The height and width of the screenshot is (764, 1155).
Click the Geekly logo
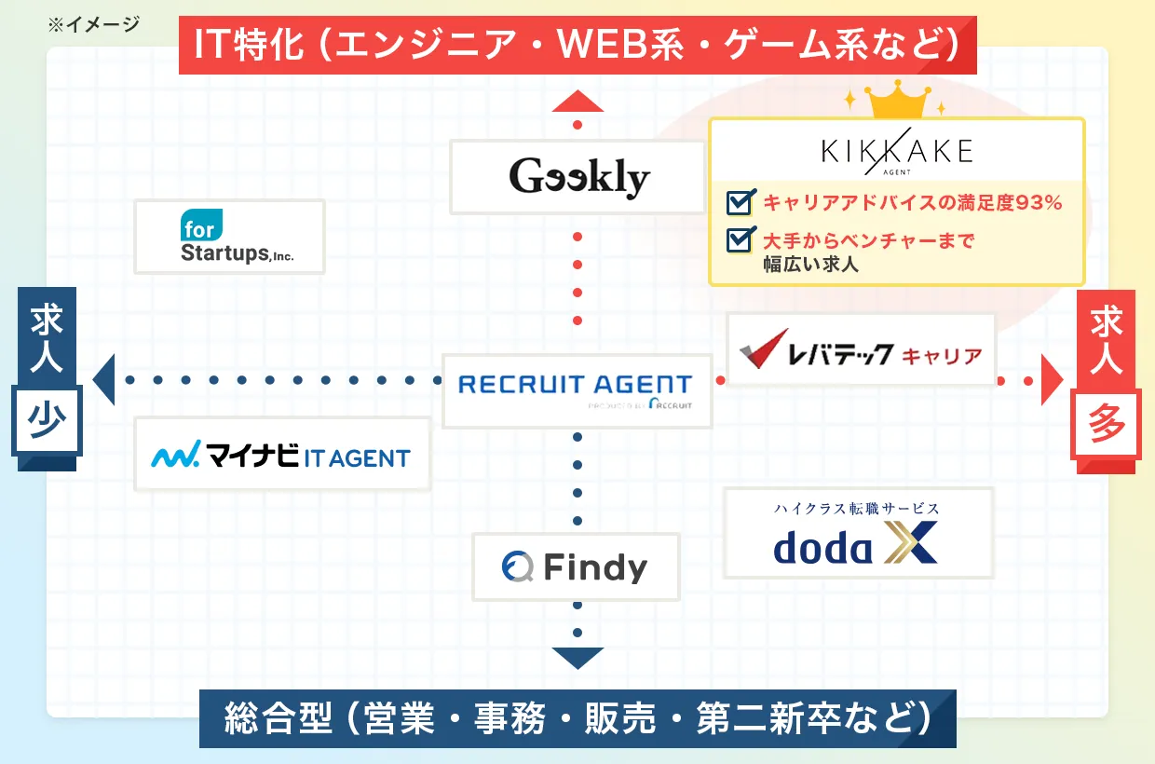coord(577,177)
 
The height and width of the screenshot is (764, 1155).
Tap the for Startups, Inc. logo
coord(229,237)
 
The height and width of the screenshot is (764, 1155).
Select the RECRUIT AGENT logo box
coord(577,390)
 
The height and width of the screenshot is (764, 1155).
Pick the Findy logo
coord(576,566)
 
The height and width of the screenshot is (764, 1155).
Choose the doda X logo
coord(858,533)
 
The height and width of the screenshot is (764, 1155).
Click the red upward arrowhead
coord(577,101)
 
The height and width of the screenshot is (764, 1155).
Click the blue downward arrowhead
coord(577,658)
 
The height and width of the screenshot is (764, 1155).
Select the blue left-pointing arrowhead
coord(103,379)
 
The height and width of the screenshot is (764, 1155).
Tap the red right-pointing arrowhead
coord(1052,380)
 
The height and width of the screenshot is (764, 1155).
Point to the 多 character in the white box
coord(1107,426)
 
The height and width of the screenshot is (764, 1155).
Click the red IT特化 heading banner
coord(577,44)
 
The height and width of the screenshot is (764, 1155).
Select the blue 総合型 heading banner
coord(577,718)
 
